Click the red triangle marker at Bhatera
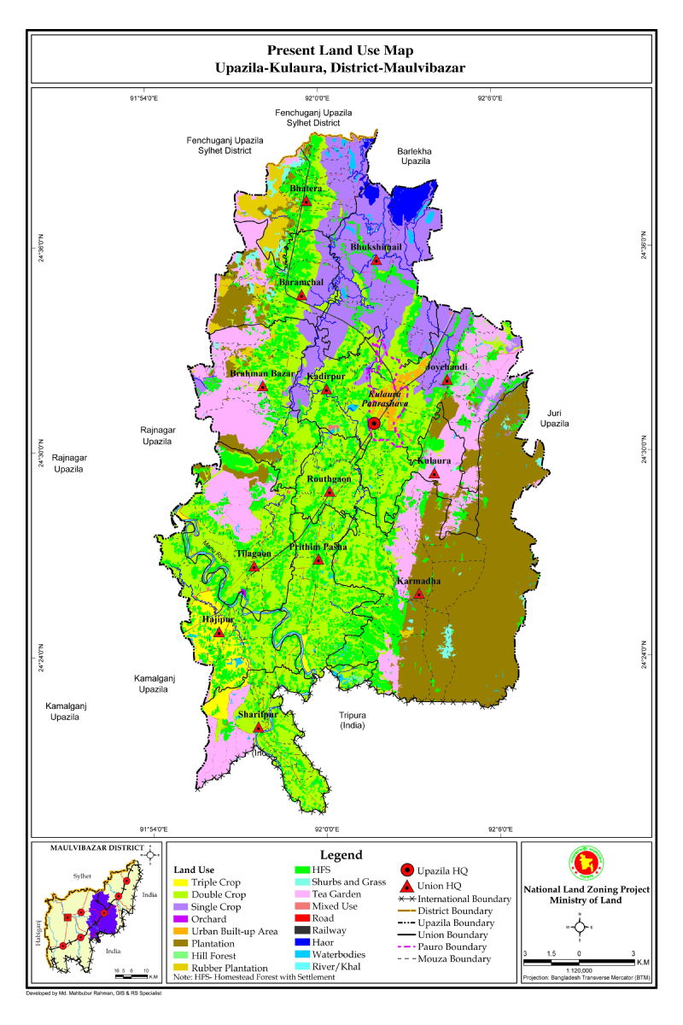[x=306, y=202]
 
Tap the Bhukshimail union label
[x=376, y=247]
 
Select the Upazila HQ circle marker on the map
[x=374, y=424]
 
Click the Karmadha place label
[x=419, y=581]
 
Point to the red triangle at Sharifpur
[x=259, y=727]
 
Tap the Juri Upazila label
[x=552, y=418]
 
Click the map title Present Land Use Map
[x=341, y=51]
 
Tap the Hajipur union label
[x=218, y=619]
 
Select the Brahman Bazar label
[x=261, y=373]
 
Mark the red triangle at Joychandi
[x=447, y=378]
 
